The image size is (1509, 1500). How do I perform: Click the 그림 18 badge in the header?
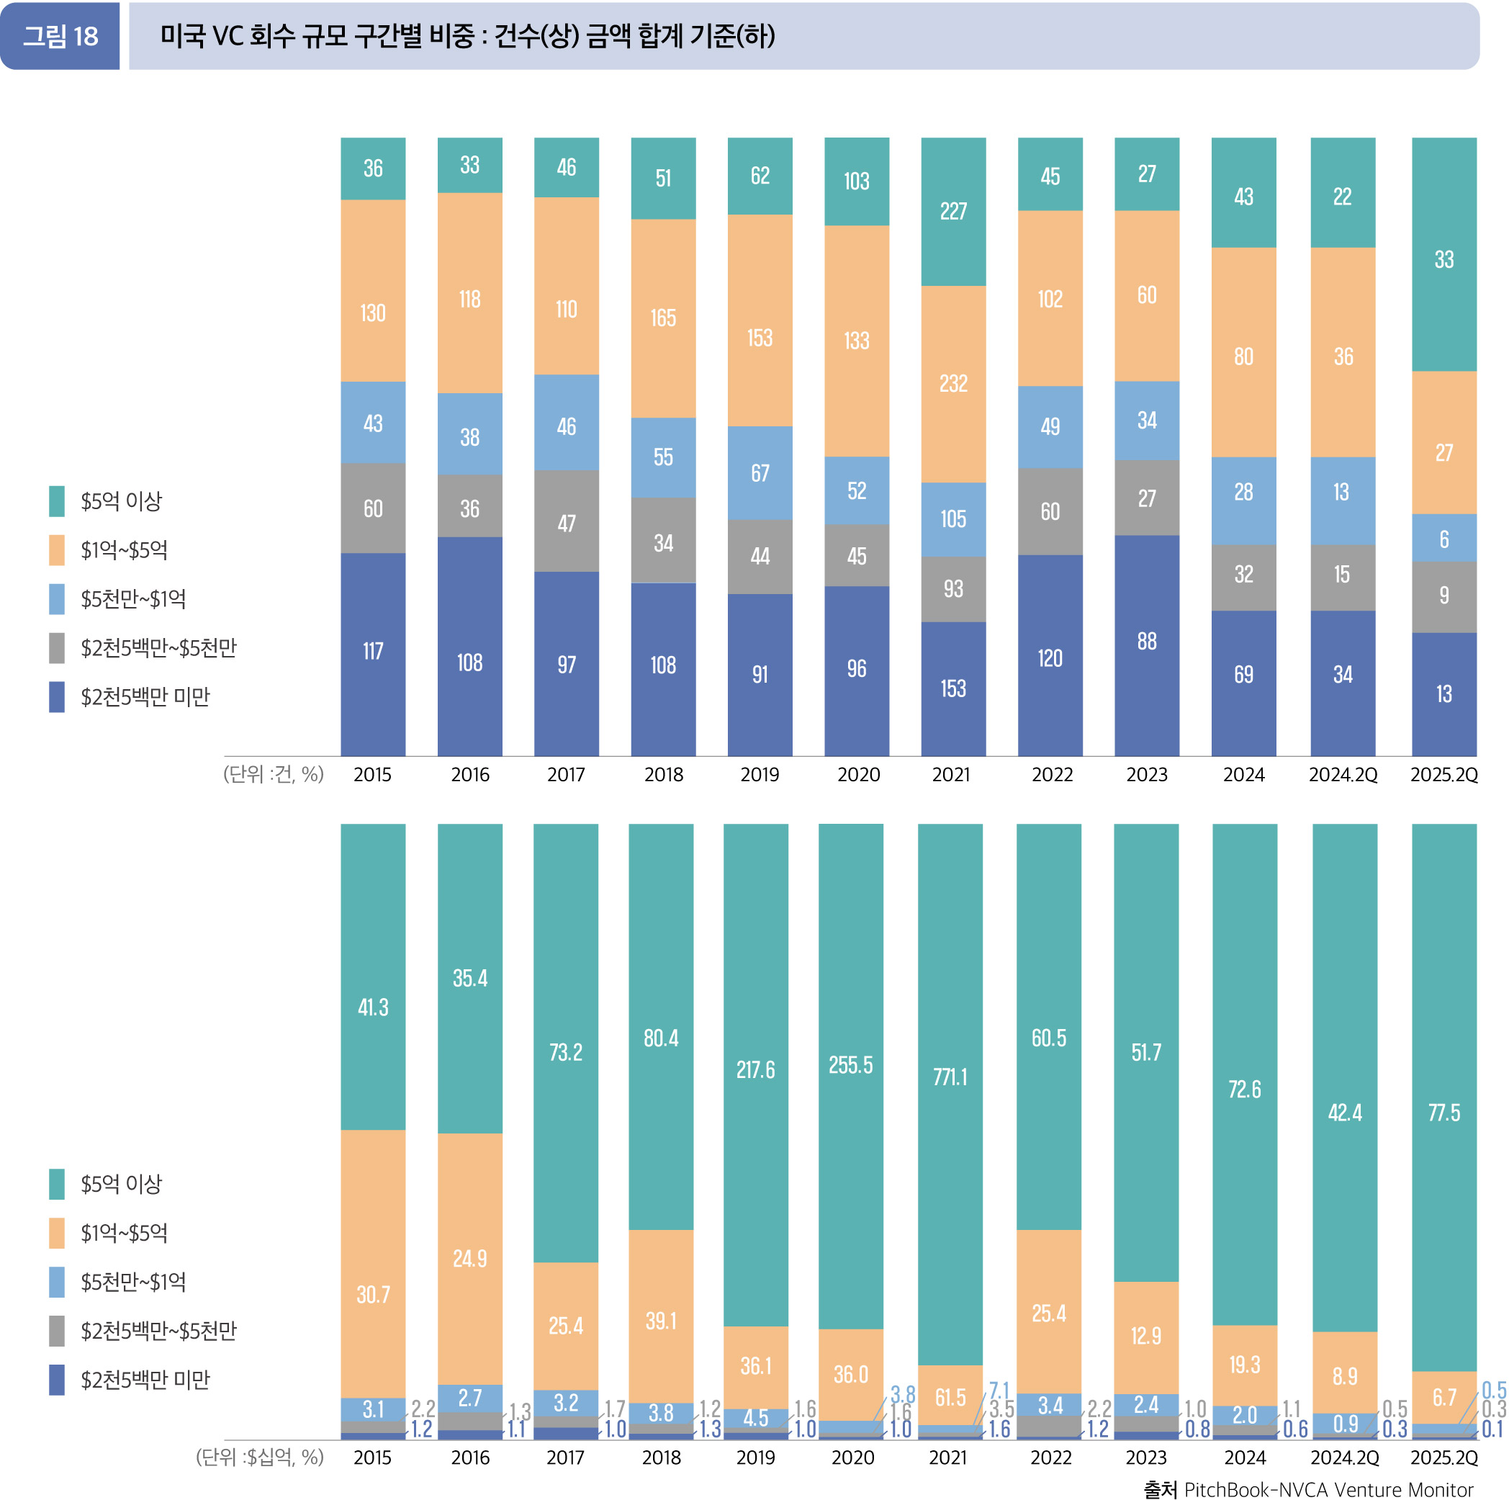click(60, 36)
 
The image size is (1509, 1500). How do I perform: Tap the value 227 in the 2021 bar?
click(953, 211)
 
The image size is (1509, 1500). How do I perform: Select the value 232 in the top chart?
click(953, 384)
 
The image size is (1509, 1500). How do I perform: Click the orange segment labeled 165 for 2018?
click(663, 318)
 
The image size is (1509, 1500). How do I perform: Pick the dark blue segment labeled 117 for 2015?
click(372, 652)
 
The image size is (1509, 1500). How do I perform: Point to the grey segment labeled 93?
click(953, 589)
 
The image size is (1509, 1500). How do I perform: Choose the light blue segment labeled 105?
click(953, 518)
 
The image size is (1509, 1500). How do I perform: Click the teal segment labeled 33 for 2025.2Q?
click(1443, 259)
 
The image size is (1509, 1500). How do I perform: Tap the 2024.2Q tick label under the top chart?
click(1343, 775)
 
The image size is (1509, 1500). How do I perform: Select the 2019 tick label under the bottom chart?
click(755, 1458)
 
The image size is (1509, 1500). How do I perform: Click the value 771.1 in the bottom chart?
click(950, 1077)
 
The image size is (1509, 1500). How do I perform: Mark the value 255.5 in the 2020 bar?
click(850, 1065)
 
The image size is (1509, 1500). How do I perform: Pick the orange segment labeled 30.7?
click(372, 1295)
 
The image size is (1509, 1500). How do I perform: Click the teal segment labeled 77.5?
click(1443, 1113)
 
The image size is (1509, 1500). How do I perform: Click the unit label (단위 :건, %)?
click(274, 774)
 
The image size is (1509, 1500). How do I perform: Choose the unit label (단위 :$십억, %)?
click(259, 1457)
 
